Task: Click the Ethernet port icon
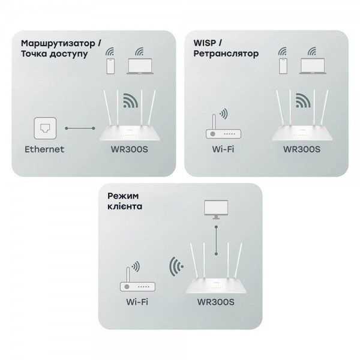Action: pos(44,128)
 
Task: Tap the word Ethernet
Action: pos(44,149)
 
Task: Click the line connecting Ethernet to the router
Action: pos(80,128)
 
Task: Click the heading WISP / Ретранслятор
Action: pos(226,49)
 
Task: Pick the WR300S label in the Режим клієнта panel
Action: pos(215,302)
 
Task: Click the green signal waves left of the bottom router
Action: pos(175,265)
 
